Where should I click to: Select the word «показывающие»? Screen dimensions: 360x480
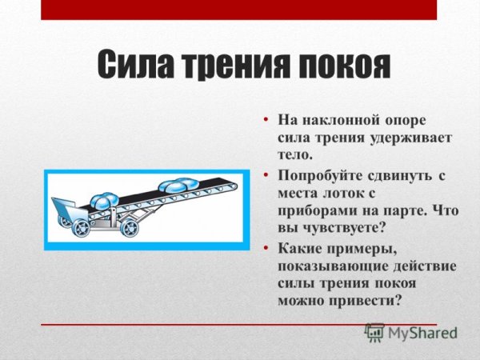(330, 266)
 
